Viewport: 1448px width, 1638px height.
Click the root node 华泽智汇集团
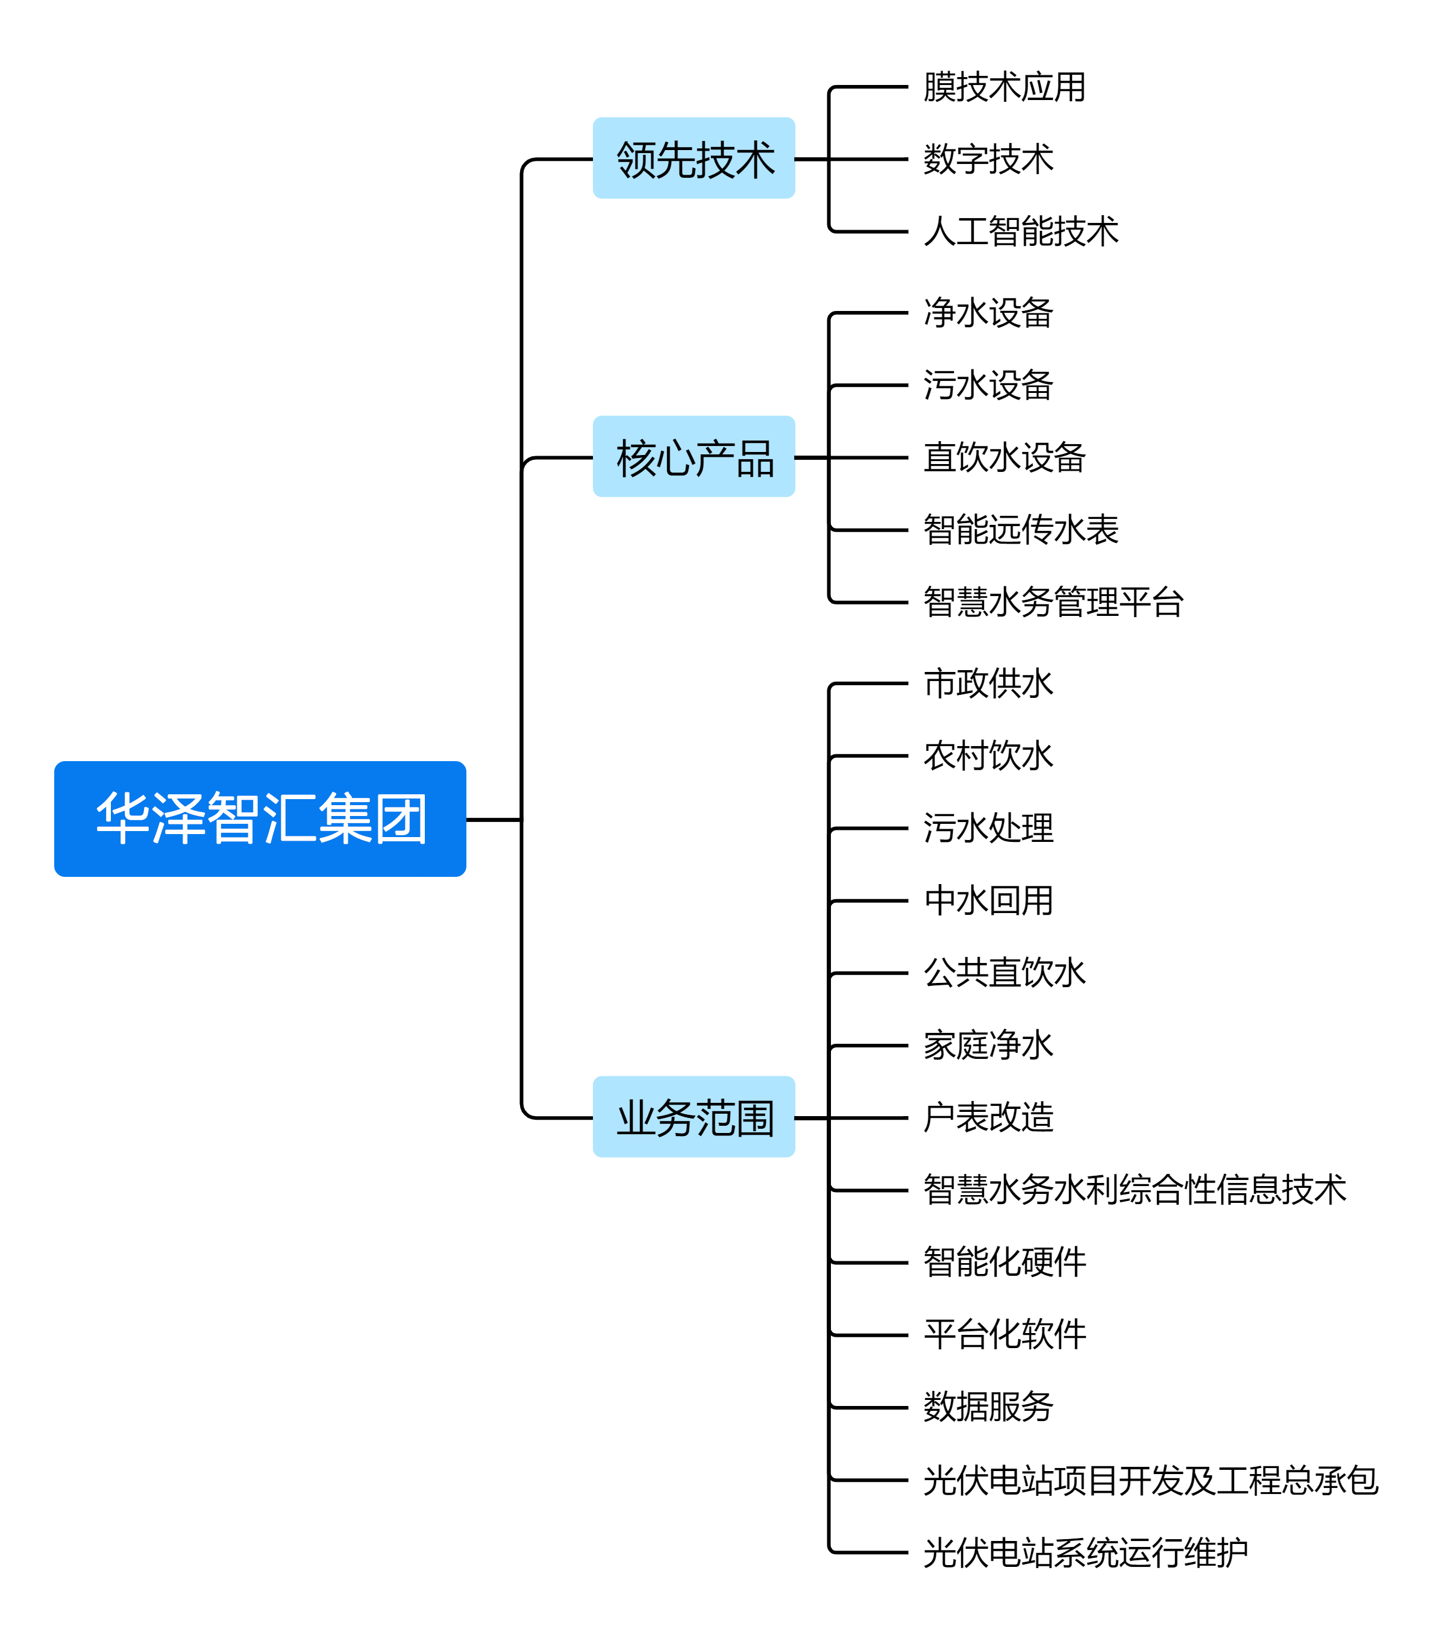tap(260, 818)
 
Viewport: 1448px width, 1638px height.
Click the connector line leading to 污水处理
tap(870, 829)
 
